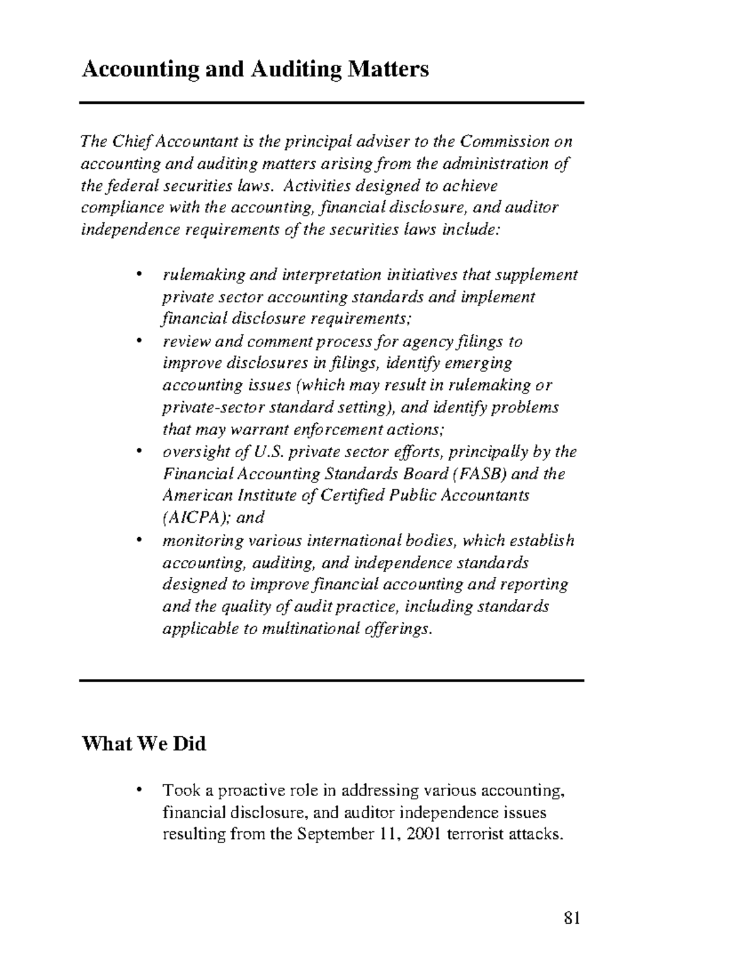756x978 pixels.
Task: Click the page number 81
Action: [x=571, y=918]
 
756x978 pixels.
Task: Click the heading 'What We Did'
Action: [x=144, y=744]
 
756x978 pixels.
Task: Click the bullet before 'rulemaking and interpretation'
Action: [x=139, y=275]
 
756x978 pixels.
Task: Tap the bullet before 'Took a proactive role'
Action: [x=139, y=790]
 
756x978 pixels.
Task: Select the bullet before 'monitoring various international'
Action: [x=139, y=540]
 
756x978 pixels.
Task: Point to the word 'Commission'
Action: [x=505, y=141]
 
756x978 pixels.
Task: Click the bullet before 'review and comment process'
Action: [x=139, y=342]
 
